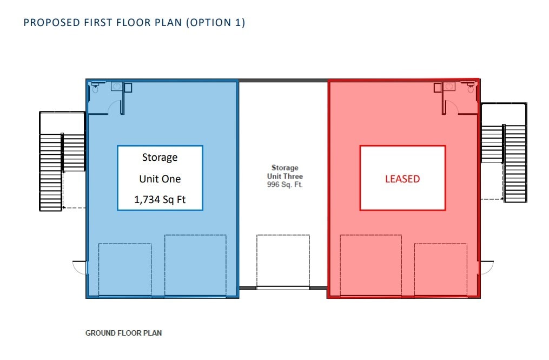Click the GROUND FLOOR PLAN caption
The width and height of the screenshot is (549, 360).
coord(123,333)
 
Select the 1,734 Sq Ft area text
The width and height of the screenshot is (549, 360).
coord(160,200)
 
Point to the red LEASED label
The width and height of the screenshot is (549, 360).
coord(402,179)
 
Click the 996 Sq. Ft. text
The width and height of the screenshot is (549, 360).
coord(285,184)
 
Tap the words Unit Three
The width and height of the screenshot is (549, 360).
coord(285,176)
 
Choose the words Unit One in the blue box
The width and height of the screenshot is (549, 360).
coord(160,179)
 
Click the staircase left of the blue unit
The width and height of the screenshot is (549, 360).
coord(62,161)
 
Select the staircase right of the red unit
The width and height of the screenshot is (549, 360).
coord(504,153)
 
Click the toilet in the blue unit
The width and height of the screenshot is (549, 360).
coord(95,88)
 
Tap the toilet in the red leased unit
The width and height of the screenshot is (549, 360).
coord(471,87)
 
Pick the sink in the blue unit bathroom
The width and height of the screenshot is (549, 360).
coord(117,87)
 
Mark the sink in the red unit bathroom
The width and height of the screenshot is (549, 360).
coord(449,87)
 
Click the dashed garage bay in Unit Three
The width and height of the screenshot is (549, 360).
coord(283,260)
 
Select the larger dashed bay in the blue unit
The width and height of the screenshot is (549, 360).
coord(195,265)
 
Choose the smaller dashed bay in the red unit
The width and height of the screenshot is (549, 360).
coord(440,270)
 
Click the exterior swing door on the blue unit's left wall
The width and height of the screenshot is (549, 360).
coord(80,266)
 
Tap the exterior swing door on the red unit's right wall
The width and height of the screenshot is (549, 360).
coord(486,266)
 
